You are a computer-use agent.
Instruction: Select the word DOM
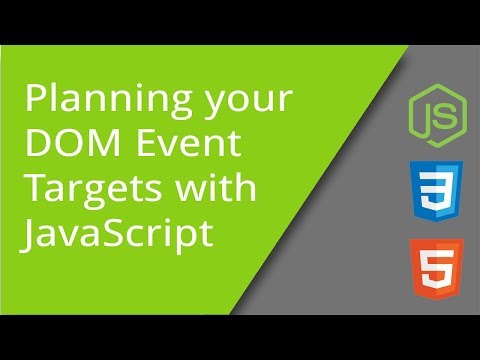(67, 147)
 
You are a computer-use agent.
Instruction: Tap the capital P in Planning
(34, 101)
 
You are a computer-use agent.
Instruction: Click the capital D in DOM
(36, 147)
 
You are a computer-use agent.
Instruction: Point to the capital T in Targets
(33, 191)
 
